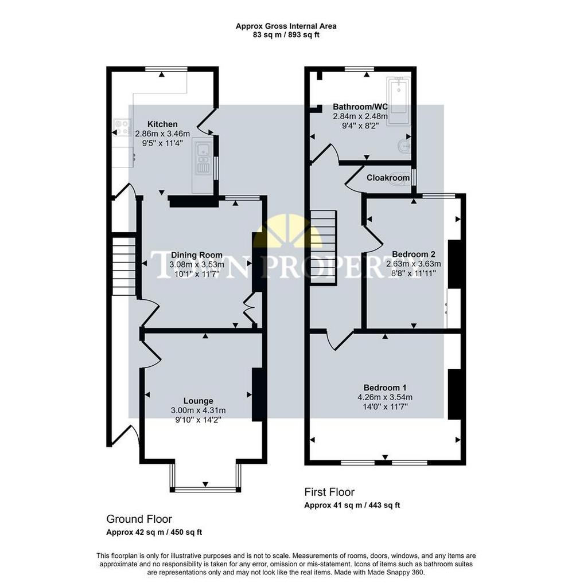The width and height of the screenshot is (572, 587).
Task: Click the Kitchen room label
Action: click(162, 124)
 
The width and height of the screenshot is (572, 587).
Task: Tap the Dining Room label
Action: click(197, 255)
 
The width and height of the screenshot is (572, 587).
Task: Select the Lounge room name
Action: click(198, 401)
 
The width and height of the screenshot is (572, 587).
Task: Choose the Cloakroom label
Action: click(388, 178)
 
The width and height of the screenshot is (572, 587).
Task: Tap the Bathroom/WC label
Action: click(360, 107)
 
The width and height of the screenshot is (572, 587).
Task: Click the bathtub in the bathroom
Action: click(399, 101)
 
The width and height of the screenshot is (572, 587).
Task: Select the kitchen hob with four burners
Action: click(122, 127)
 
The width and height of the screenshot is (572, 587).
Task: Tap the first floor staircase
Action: click(323, 248)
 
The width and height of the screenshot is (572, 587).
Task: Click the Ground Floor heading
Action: click(139, 519)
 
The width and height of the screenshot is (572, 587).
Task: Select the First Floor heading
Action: click(329, 492)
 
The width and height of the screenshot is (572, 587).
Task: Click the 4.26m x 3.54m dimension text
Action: click(385, 397)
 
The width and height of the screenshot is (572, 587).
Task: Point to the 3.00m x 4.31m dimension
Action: click(198, 410)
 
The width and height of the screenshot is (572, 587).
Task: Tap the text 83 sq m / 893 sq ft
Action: click(286, 35)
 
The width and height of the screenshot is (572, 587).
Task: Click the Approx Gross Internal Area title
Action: click(286, 26)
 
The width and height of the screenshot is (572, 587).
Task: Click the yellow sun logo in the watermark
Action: click(287, 232)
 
